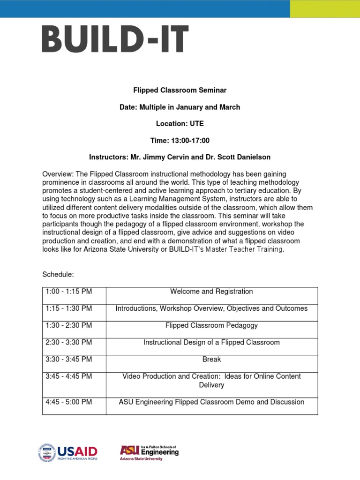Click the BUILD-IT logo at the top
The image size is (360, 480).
115,39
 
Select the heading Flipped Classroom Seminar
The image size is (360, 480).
180,90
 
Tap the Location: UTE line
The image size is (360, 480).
180,124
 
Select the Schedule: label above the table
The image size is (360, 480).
58,274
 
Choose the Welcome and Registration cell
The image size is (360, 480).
211,292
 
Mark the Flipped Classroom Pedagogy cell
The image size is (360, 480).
211,325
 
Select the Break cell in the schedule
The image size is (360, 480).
211,360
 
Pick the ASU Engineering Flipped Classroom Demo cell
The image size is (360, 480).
211,402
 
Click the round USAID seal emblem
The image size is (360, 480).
46,453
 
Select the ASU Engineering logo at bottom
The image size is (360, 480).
149,453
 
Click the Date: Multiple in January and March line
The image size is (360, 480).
180,107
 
